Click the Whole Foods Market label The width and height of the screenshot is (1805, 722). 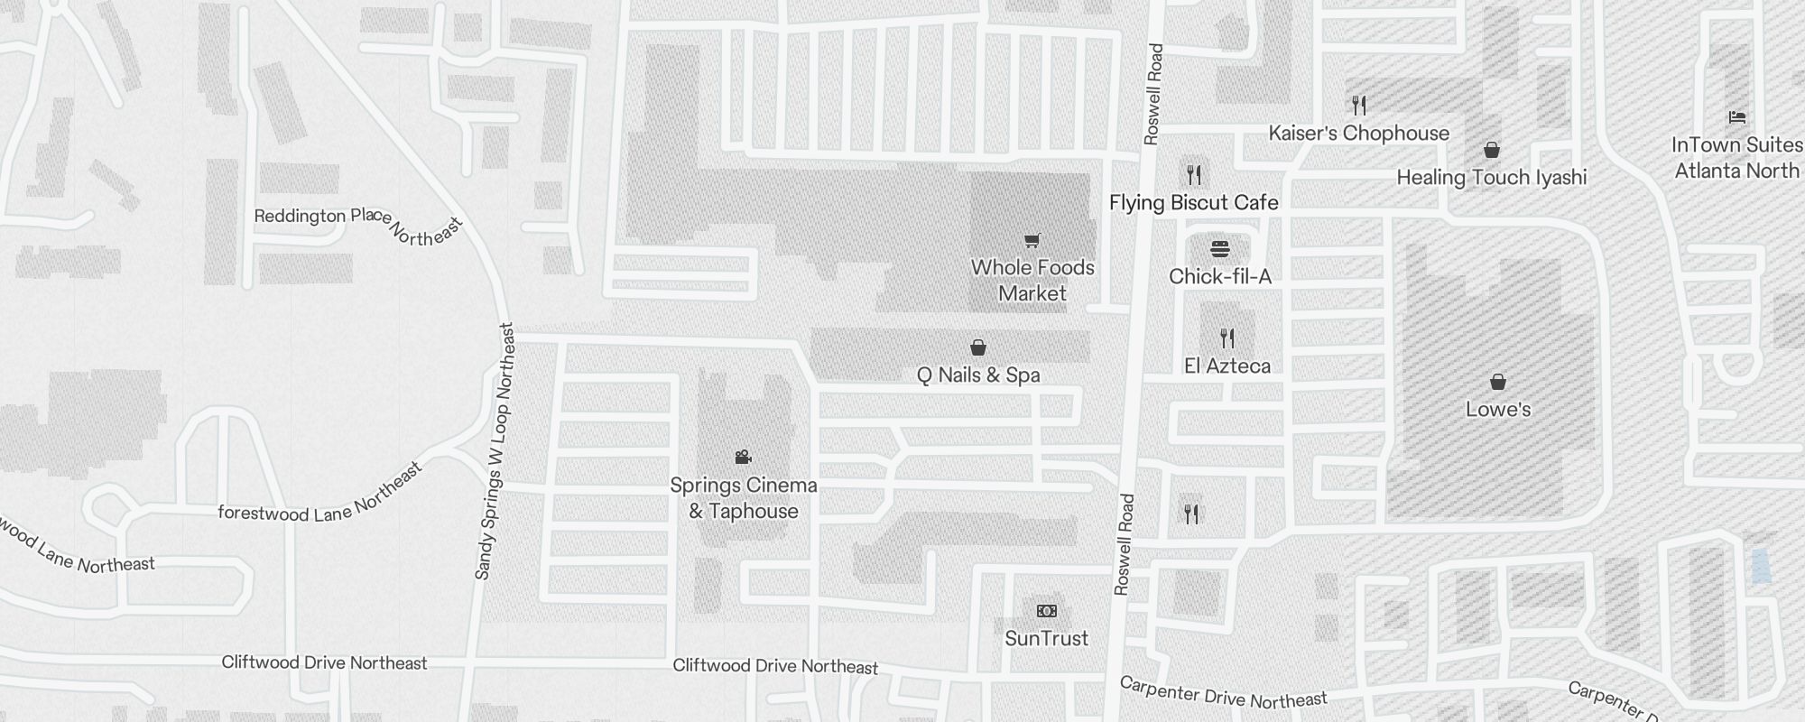(1032, 280)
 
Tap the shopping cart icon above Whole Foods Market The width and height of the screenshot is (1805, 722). (1032, 240)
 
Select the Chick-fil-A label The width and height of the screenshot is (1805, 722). (1220, 276)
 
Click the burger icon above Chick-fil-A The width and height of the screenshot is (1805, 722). (1220, 248)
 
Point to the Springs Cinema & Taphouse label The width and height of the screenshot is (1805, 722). (744, 498)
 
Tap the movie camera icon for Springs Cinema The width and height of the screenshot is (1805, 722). (743, 457)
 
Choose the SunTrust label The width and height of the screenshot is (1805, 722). (1046, 638)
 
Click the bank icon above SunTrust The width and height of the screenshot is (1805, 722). (1046, 611)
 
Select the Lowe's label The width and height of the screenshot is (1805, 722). (1498, 409)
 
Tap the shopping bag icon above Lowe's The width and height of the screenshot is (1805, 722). (1498, 382)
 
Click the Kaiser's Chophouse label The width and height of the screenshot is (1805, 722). (1358, 133)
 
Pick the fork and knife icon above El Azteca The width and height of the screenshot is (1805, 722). (1227, 338)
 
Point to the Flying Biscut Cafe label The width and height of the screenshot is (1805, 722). (1193, 202)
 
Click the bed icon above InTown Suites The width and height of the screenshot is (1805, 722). (1736, 117)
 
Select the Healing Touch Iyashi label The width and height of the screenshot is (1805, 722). (1491, 177)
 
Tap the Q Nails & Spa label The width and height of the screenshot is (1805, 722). (978, 375)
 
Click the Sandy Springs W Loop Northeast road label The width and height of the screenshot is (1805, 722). (495, 451)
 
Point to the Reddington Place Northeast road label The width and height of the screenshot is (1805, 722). (358, 223)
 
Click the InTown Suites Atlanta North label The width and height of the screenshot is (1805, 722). (1736, 158)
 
